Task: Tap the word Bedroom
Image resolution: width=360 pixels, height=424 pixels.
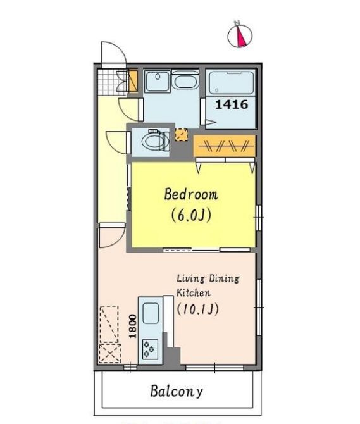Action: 191,194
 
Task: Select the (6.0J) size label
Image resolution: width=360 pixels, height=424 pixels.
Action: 191,215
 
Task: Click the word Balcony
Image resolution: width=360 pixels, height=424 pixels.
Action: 177,391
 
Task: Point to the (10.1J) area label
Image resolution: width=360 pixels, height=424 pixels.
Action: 197,309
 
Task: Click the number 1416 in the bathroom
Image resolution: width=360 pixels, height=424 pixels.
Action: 232,104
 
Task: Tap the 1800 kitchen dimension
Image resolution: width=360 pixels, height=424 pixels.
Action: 132,326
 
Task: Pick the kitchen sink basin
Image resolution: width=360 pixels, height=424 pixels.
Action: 151,313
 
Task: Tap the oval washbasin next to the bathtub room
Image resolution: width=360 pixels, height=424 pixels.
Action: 185,82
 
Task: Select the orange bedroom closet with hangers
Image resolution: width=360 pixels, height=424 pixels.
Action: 225,146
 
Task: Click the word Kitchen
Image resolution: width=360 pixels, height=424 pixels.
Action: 193,292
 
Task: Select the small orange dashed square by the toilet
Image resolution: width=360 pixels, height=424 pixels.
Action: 182,135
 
